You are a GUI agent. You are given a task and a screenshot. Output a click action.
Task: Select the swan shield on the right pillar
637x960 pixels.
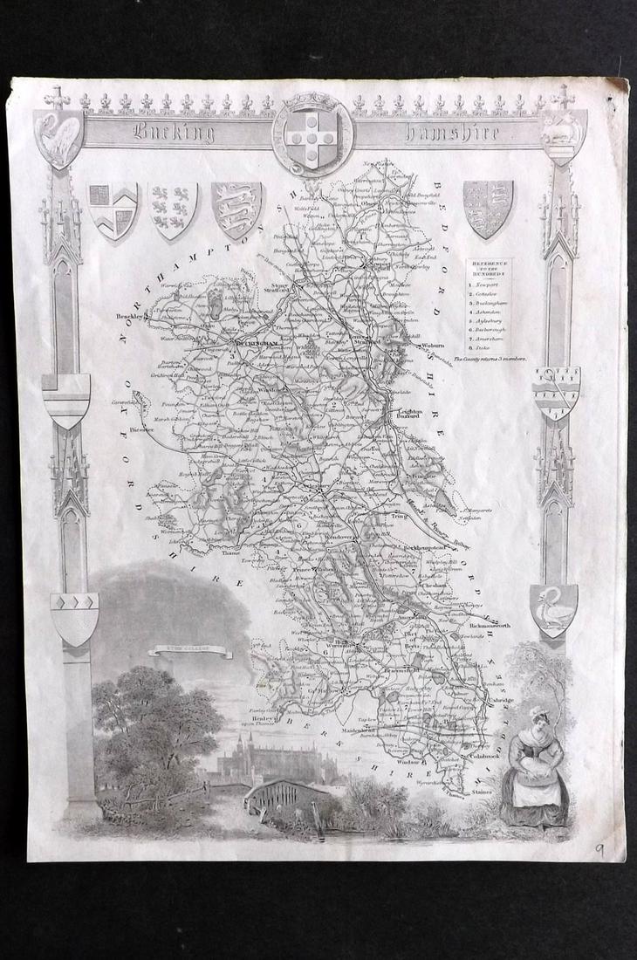(553, 609)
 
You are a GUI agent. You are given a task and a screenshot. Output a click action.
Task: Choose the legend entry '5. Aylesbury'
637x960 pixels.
(489, 320)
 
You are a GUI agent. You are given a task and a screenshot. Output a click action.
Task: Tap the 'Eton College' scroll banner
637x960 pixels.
(177, 649)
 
